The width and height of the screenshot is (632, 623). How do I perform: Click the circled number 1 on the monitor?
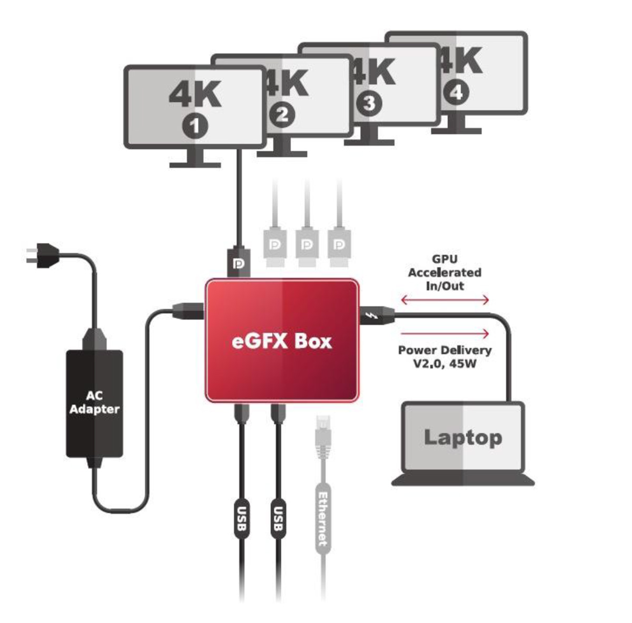point(195,127)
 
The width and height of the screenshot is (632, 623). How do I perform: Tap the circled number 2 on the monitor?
point(282,115)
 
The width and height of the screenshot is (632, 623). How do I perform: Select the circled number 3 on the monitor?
point(369,103)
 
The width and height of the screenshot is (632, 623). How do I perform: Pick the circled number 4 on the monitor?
point(456,93)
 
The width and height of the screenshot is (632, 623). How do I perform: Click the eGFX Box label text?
point(282,341)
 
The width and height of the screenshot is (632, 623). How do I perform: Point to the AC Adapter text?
point(95,402)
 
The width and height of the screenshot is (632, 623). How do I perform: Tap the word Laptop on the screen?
point(462,437)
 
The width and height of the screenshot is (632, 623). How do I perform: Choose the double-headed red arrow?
point(445,300)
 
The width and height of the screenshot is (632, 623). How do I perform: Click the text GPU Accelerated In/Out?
point(445,272)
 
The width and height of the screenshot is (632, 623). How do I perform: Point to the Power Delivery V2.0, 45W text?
point(445,357)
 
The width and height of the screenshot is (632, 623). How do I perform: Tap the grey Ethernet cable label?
point(323,519)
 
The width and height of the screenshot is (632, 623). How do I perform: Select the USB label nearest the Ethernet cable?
point(278,519)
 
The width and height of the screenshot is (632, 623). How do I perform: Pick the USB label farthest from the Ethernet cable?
point(241,519)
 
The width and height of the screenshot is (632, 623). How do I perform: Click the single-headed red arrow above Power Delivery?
point(445,334)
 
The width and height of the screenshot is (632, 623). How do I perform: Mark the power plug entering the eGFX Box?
point(184,311)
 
